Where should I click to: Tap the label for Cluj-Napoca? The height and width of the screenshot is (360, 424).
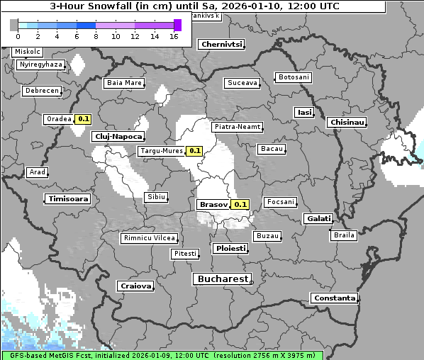(x=118, y=136)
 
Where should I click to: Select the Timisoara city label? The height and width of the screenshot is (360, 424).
(x=69, y=199)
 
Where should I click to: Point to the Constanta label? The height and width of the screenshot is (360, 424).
(x=335, y=298)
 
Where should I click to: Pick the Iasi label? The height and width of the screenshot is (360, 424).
(x=304, y=112)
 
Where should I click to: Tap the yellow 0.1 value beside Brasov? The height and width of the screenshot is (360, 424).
(x=241, y=204)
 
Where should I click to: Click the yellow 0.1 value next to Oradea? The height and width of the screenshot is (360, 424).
(x=83, y=119)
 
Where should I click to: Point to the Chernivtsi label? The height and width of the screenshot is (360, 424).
(x=222, y=44)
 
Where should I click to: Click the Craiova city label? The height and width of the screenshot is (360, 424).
(x=136, y=286)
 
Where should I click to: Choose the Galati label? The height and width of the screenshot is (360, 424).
(x=319, y=218)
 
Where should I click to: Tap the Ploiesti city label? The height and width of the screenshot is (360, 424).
(x=231, y=249)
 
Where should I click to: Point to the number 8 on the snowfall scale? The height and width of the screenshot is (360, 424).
(x=96, y=36)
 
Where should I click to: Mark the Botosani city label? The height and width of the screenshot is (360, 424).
(x=294, y=77)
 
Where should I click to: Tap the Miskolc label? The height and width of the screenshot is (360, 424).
(x=28, y=52)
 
